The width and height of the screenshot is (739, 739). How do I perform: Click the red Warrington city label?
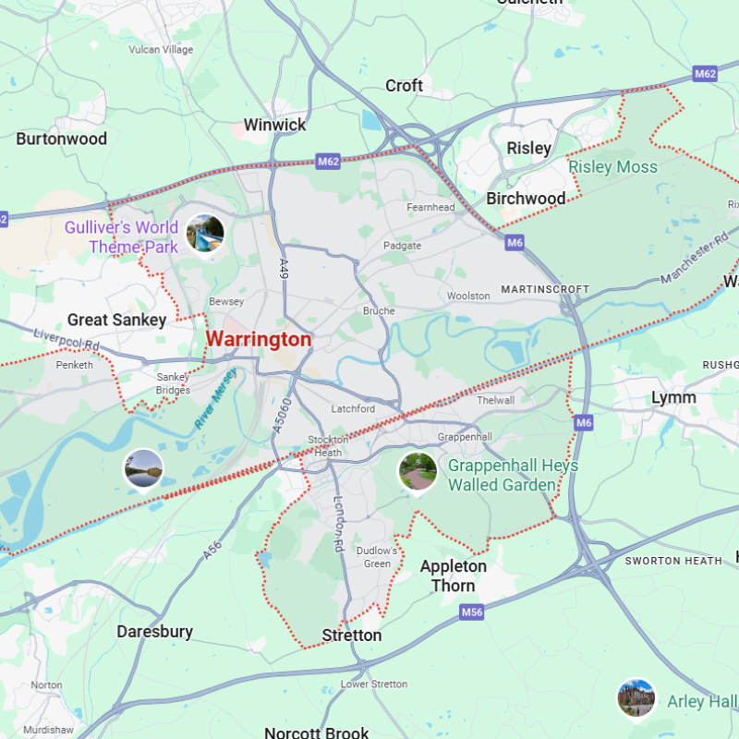coord(259,339)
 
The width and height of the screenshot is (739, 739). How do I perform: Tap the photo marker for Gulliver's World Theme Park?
coord(205,233)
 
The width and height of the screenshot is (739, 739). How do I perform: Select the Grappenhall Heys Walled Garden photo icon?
coord(418,471)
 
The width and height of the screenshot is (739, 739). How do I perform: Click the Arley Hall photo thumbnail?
coord(636,697)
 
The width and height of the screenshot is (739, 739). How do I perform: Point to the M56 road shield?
coord(472,612)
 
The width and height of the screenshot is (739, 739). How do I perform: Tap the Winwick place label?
coord(274,124)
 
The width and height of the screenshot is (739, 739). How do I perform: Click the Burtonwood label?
coord(62,139)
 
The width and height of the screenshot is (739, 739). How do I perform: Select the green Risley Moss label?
coord(612,167)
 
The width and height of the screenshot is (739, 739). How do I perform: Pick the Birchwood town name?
coord(526,199)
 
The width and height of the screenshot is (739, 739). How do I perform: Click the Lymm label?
coord(673,397)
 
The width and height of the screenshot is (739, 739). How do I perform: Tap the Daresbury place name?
coord(154,632)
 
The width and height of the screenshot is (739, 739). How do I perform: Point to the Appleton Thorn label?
coord(454,575)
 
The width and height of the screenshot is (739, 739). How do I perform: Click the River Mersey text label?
coord(215,398)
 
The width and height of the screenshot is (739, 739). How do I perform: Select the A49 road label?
coord(284,269)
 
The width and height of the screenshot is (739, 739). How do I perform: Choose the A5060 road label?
coord(284,415)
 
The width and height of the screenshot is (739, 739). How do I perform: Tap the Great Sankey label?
coord(116,321)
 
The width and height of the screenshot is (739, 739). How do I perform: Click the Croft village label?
coord(404,86)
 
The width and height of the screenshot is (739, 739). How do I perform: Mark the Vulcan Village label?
coord(162,49)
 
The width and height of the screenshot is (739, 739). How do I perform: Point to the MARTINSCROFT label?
coord(545,289)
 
